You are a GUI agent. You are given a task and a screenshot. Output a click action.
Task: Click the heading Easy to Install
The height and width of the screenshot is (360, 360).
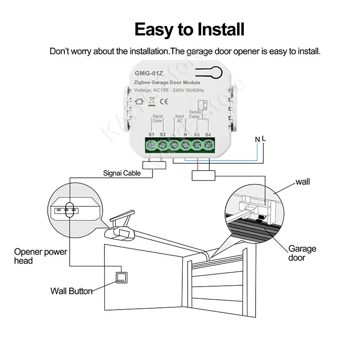pos(189,29)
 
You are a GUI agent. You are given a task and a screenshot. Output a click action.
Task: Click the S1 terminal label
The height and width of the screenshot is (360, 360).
pos(151,135)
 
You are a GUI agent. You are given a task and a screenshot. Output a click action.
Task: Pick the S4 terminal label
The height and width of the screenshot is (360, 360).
pos(208,135)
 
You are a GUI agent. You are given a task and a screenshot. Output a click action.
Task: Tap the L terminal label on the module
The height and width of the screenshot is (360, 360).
pos(174,135)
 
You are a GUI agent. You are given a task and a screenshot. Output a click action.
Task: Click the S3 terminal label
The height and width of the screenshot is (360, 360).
pos(197,135)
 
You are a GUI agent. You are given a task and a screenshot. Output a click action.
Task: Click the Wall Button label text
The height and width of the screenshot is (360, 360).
pos(71,291)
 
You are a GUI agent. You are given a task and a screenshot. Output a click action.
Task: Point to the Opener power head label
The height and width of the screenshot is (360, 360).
pos(40,256)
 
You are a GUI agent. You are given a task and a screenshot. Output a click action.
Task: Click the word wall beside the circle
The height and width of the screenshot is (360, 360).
pos(303,182)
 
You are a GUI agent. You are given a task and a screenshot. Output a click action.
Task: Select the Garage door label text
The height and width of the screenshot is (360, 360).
pos(302,253)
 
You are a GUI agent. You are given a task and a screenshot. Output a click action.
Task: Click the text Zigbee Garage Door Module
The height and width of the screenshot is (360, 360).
pos(167,83)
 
